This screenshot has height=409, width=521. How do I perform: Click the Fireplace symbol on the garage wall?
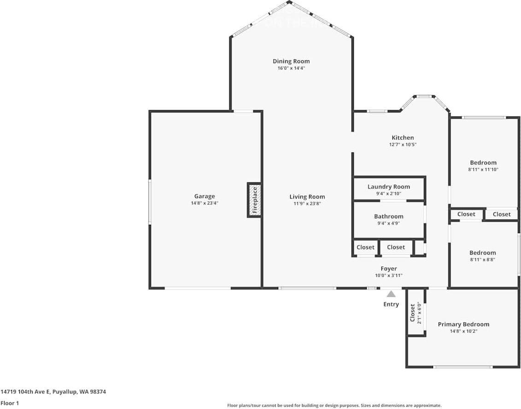click(255, 200)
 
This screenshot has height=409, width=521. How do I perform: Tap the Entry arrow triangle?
click(391, 294)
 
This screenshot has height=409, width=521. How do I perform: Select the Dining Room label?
click(291, 61)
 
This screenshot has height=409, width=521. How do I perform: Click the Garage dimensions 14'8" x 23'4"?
click(205, 203)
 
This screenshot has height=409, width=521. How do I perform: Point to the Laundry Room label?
click(388, 187)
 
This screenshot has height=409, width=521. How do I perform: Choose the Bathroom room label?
click(388, 216)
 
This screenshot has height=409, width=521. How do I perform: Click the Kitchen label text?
click(403, 137)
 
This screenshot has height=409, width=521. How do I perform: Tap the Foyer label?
click(388, 269)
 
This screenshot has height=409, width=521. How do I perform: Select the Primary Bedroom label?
click(463, 324)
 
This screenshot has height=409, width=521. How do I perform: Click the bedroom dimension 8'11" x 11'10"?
click(483, 169)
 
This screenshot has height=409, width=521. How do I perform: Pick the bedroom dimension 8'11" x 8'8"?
click(483, 259)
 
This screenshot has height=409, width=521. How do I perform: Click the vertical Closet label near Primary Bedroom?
click(413, 313)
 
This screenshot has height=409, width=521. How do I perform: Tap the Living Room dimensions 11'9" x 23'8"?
click(307, 204)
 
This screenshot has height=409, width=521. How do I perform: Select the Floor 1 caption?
click(10, 403)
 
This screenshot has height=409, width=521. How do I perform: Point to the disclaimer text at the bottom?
click(334, 405)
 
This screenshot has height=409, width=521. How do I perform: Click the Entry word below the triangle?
click(391, 304)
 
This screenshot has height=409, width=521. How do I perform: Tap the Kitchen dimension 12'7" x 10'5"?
click(403, 145)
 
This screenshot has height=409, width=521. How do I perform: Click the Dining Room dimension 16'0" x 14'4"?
click(291, 68)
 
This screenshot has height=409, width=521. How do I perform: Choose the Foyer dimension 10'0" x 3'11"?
click(388, 275)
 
